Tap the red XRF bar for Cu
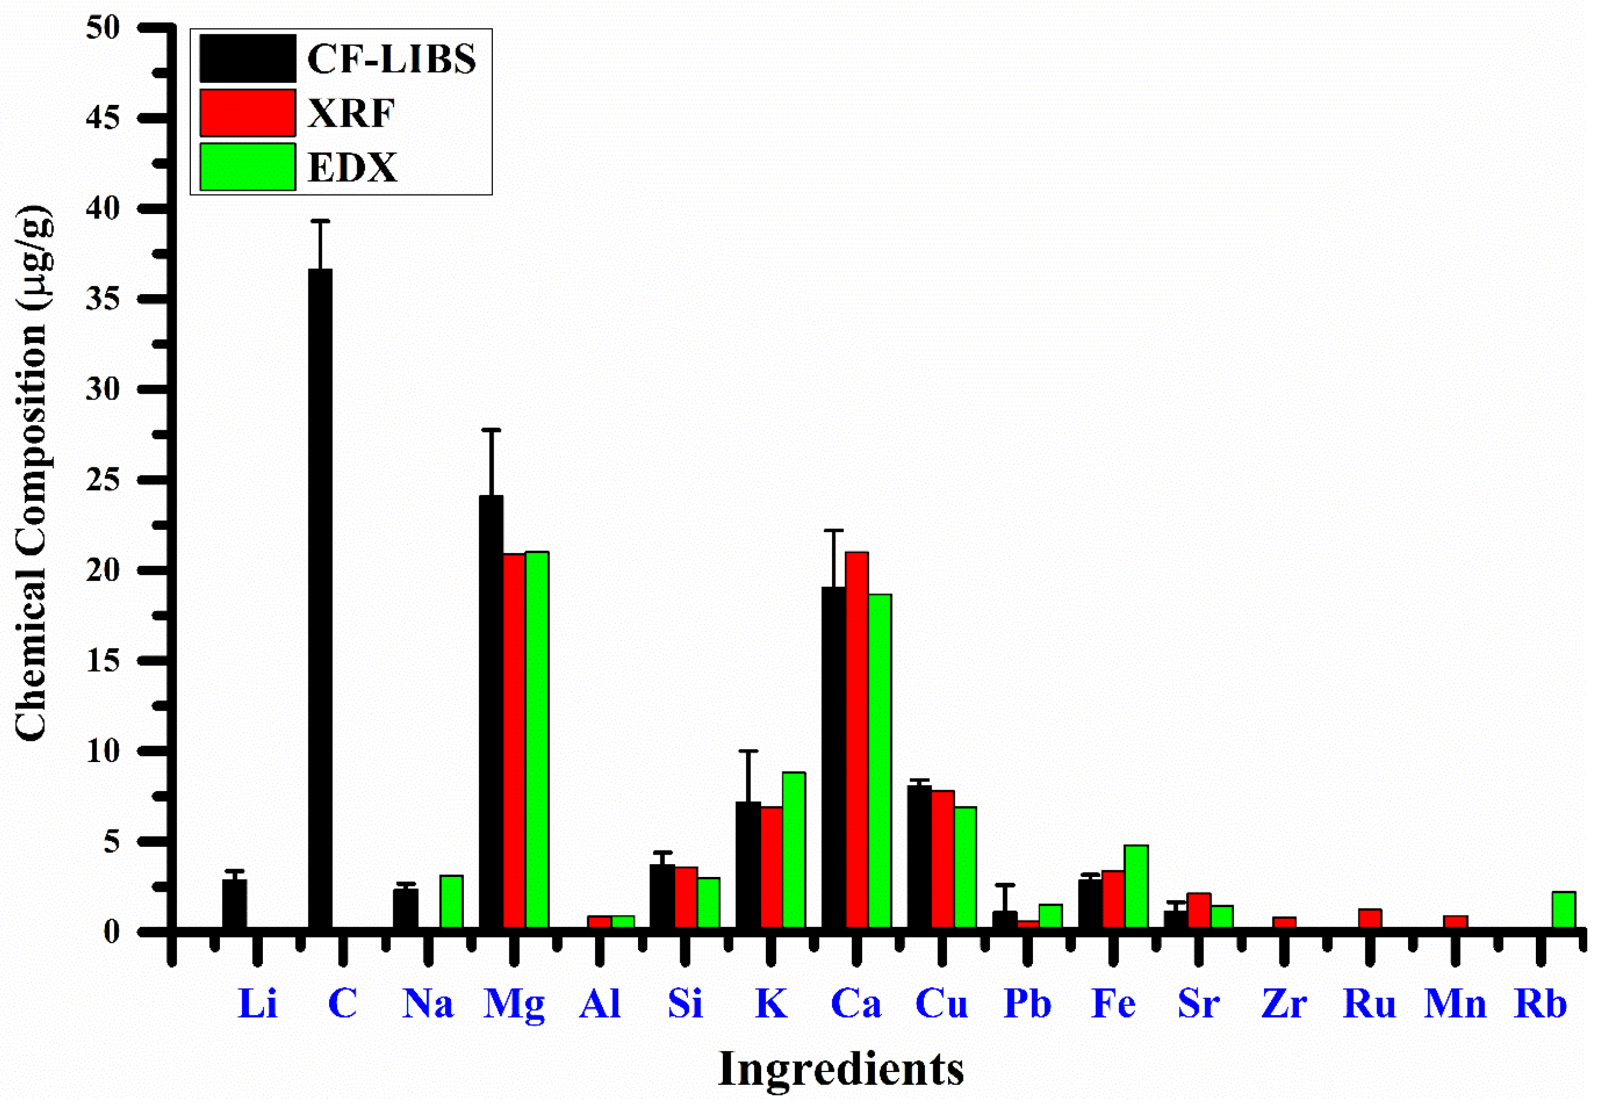pyautogui.click(x=942, y=859)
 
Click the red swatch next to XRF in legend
pyautogui.click(x=247, y=112)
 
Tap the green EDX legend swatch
pyautogui.click(x=247, y=166)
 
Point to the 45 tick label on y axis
pyautogui.click(x=103, y=118)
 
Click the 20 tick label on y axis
pyautogui.click(x=103, y=571)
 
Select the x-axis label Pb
pyautogui.click(x=1027, y=1004)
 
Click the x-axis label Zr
pyautogui.click(x=1284, y=1004)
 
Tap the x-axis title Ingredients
pyautogui.click(x=841, y=1069)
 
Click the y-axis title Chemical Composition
pyautogui.click(x=33, y=472)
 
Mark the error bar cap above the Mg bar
pyautogui.click(x=491, y=430)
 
